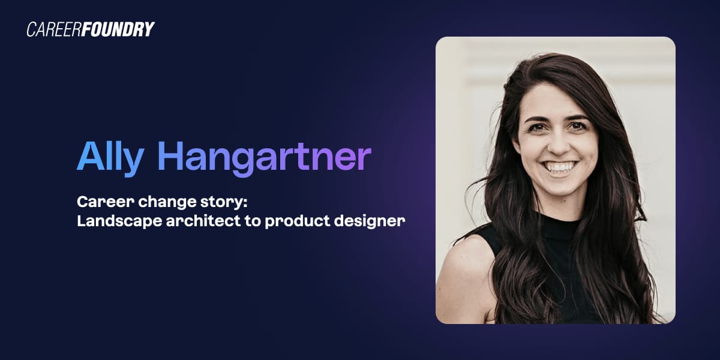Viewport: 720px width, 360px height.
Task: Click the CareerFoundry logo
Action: pos(91,29)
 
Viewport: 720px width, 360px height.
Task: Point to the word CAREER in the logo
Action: pos(56,29)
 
